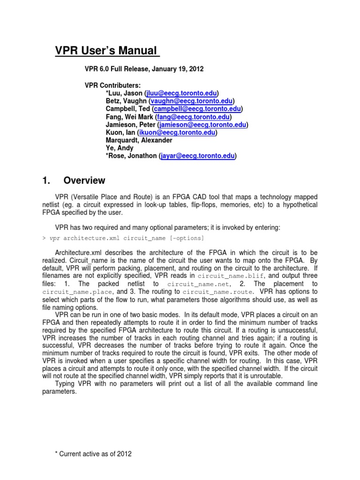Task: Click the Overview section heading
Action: coord(84,180)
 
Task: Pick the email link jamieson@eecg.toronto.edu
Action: coord(203,125)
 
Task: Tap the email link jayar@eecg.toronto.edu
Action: coord(197,156)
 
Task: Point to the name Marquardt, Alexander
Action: coord(139,141)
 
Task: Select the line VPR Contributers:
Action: coord(112,85)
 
